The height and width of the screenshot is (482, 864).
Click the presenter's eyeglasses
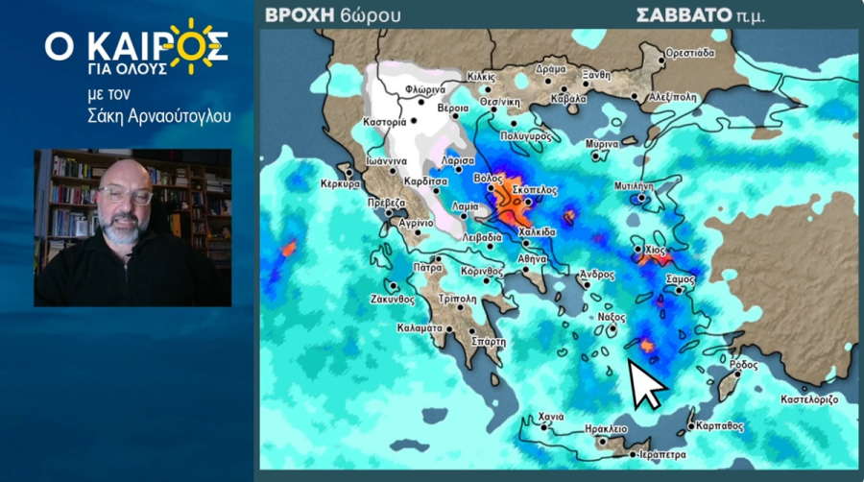pos(125,195)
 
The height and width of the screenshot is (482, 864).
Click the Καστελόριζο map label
pos(809,398)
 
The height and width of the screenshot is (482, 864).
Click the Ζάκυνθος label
pos(391,299)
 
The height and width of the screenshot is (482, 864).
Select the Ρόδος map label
pos(743,365)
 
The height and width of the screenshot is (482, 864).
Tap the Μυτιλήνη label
pos(634,185)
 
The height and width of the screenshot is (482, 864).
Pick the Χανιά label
pos(550,417)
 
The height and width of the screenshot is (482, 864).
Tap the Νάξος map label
pos(612,317)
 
